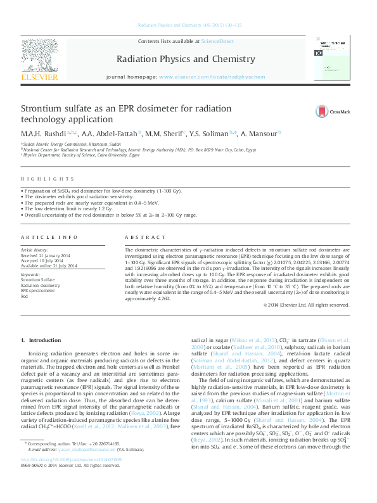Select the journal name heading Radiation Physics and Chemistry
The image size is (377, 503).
point(186,60)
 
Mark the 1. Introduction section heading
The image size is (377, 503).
point(41,341)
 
